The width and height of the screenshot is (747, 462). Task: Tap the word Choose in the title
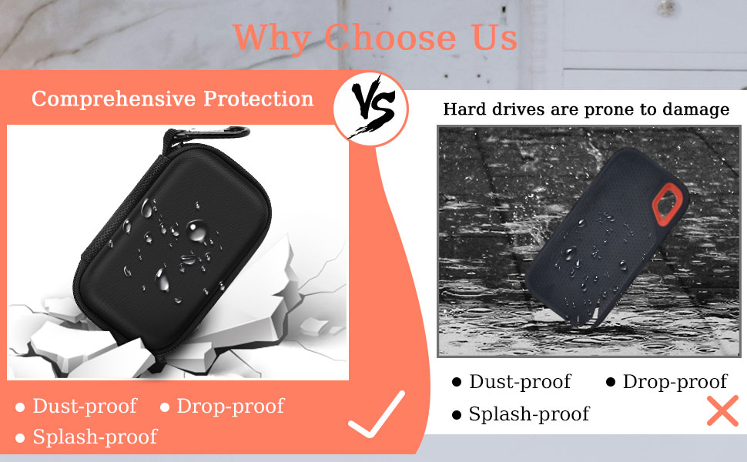pos(390,36)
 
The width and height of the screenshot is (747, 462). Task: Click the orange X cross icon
pos(722,410)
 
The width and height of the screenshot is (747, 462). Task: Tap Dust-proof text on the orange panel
pos(84,406)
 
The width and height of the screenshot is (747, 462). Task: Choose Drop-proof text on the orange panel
pos(230,406)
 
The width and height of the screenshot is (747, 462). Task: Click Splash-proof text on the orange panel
pos(95,437)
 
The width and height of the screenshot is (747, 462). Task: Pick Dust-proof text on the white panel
pos(520,381)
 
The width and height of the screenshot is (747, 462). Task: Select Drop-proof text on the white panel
pos(675,381)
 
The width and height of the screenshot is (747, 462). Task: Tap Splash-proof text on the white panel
pos(529,413)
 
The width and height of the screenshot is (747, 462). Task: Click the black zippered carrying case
pos(173,239)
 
